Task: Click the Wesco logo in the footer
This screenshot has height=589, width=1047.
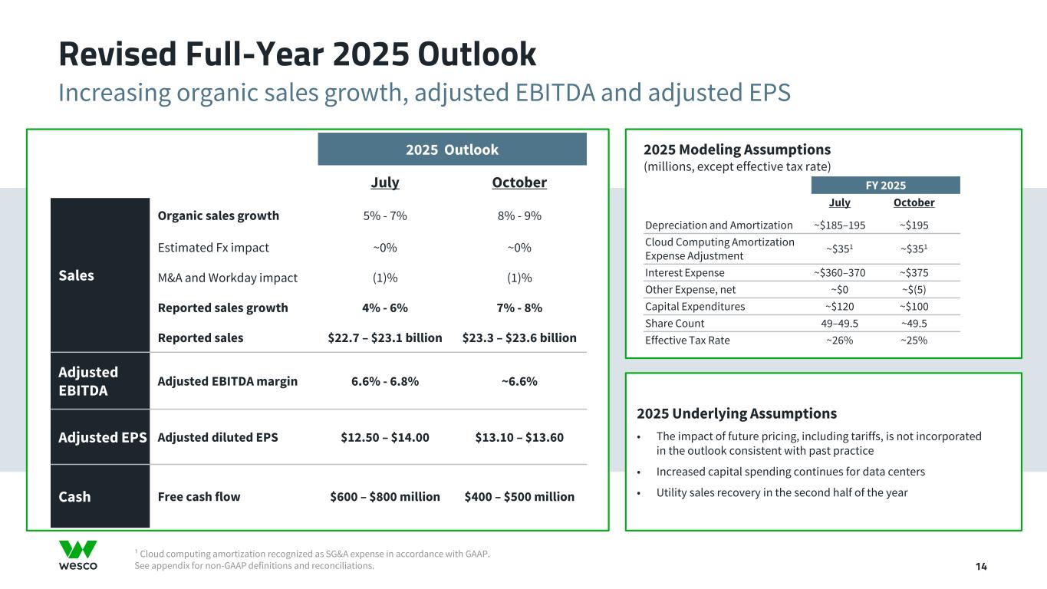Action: pyautogui.click(x=77, y=555)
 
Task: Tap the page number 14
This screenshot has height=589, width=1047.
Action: pyautogui.click(x=981, y=566)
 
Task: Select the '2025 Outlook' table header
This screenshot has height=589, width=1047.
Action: pyautogui.click(x=452, y=150)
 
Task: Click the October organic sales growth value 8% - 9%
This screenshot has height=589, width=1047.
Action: pyautogui.click(x=519, y=216)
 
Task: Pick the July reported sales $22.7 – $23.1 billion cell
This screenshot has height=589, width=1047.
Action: pyautogui.click(x=384, y=337)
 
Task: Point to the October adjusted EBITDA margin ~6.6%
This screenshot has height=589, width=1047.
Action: pyautogui.click(x=519, y=381)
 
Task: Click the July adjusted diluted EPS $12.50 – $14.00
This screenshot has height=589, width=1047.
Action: pyautogui.click(x=384, y=437)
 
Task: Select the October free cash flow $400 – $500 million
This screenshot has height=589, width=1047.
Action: pyautogui.click(x=519, y=496)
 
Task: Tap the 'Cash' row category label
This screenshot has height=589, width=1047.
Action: pyautogui.click(x=74, y=496)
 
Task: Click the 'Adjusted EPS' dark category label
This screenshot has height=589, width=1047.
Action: pyautogui.click(x=103, y=437)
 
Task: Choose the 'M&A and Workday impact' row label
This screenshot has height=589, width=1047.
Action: pyautogui.click(x=227, y=277)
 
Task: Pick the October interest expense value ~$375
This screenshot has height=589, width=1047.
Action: pyautogui.click(x=914, y=273)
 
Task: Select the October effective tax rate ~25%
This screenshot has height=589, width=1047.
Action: pyautogui.click(x=914, y=341)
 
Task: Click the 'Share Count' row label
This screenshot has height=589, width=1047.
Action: pyautogui.click(x=674, y=324)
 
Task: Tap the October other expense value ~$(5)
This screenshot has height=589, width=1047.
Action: pyautogui.click(x=914, y=290)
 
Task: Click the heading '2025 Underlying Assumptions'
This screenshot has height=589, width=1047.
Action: pyautogui.click(x=736, y=413)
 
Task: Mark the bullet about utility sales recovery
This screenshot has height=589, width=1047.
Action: pyautogui.click(x=782, y=492)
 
